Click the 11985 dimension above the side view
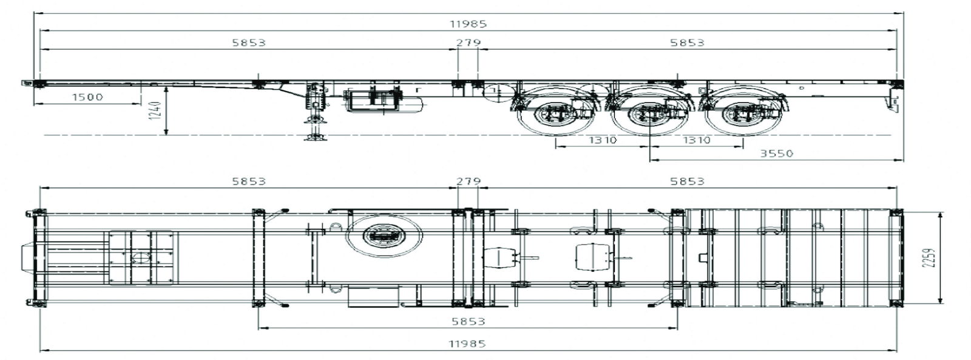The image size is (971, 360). click(x=468, y=24)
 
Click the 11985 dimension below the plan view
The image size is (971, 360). click(x=467, y=344)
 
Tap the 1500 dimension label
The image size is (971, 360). click(x=87, y=97)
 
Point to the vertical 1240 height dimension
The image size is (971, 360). click(x=157, y=111)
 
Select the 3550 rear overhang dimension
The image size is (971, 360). click(x=776, y=153)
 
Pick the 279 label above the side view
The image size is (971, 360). click(x=469, y=42)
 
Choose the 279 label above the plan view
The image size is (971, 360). click(x=469, y=181)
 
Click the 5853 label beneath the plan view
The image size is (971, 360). click(x=468, y=321)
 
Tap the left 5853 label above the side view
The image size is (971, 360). click(x=249, y=42)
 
